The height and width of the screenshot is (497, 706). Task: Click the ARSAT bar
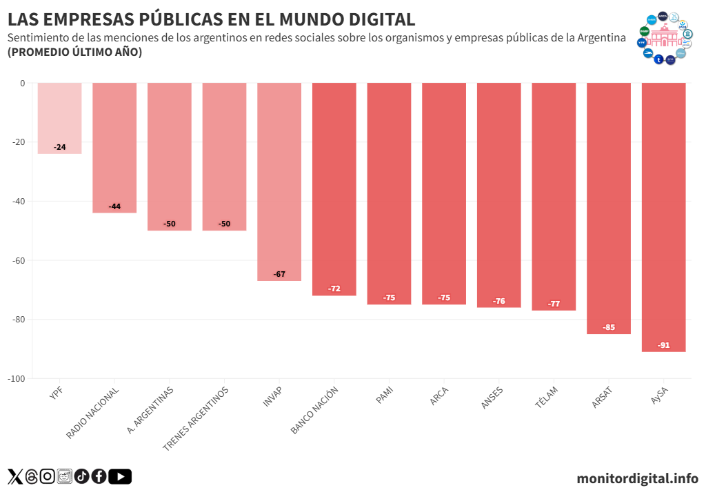point(609,207)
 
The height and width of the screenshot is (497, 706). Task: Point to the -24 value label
point(60,147)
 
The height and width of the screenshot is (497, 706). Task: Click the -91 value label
point(663,345)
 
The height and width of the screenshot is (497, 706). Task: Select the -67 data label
point(279,274)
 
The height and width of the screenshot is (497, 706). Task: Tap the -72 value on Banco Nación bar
point(334,289)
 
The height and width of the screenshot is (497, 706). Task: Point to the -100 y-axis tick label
point(17,379)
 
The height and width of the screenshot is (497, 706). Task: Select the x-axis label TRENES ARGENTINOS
point(196,418)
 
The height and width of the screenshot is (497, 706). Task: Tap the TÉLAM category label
point(546,398)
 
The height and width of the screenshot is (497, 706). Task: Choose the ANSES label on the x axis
point(492,398)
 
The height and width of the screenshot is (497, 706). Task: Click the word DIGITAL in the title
point(372,19)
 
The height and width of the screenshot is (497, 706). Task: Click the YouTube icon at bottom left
point(120,476)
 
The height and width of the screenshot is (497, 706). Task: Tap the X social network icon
point(15,476)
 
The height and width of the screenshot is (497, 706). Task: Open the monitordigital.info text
point(637,478)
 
